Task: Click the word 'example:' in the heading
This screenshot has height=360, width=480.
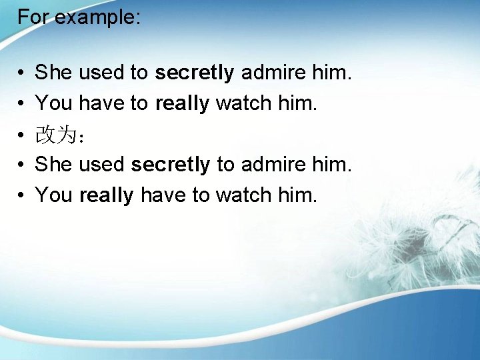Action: (97, 17)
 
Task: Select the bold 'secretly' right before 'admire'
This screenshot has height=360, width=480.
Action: (195, 73)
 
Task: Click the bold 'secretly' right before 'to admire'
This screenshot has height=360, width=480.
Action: (171, 164)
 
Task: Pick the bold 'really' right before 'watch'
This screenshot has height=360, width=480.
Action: (183, 103)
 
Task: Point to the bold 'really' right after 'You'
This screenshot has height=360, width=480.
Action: (107, 195)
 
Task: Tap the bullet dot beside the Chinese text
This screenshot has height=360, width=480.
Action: (22, 135)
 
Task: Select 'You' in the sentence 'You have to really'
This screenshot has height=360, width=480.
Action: (54, 103)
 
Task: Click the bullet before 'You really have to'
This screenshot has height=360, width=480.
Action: (22, 195)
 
